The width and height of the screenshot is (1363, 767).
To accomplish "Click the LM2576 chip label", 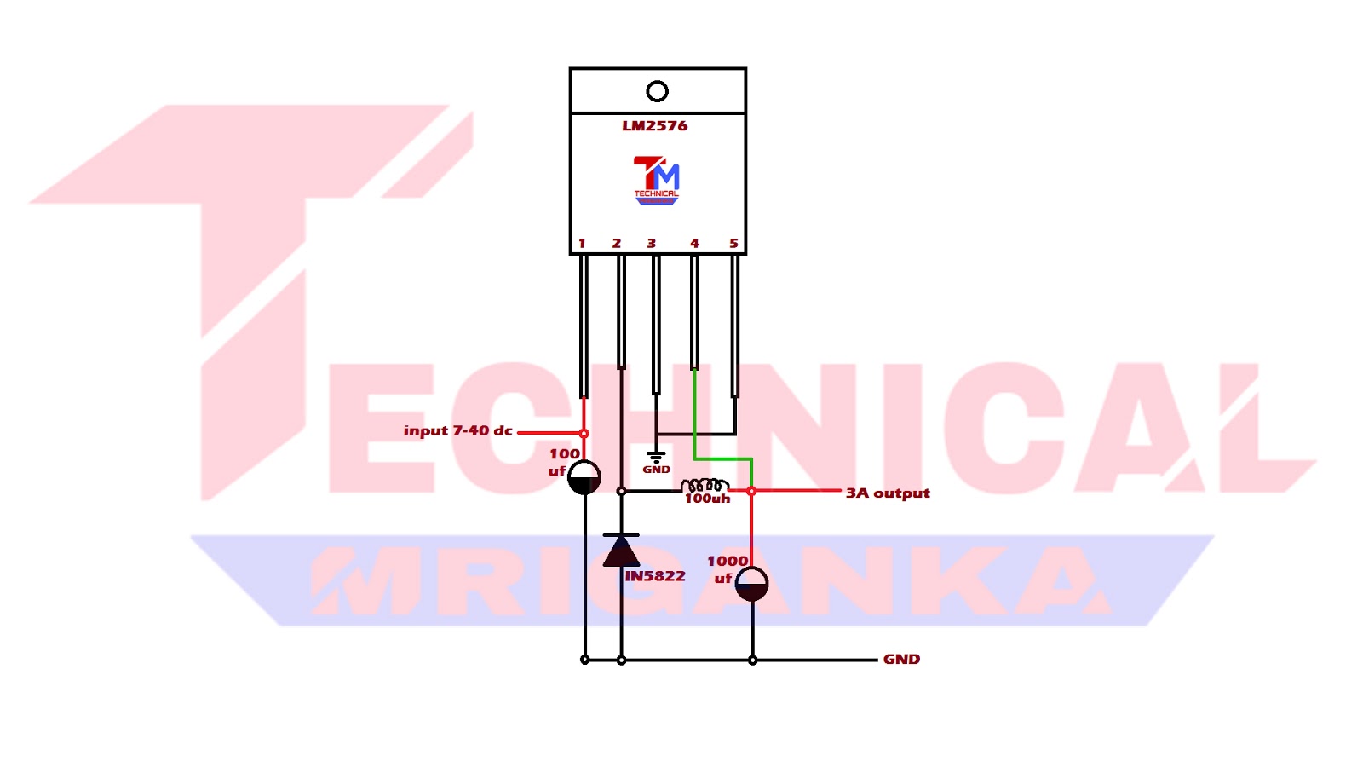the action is coord(654,126).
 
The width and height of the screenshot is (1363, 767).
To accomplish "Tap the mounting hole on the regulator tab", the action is coord(657,90).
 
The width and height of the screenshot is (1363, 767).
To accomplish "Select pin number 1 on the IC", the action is coord(582,244).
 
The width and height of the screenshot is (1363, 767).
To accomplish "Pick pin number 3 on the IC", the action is coord(652,244).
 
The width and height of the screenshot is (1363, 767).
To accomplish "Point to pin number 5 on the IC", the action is coord(733,244).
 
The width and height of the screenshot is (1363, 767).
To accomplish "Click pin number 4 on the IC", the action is coord(694,244).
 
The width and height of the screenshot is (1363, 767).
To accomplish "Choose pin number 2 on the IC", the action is coord(617,244).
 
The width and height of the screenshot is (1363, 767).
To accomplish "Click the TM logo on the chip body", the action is coord(656,180).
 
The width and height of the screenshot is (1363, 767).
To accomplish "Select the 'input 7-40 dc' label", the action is coord(457,431).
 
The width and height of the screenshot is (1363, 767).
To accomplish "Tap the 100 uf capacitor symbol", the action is coord(584,478).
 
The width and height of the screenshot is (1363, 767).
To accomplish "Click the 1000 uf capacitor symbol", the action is coord(751,584).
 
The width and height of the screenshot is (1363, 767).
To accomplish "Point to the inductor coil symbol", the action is coord(705,485).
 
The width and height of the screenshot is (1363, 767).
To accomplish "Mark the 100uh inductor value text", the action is coord(707,499).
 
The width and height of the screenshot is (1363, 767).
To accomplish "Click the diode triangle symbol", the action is coord(621,551).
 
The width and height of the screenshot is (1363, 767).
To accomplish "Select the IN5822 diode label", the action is coord(655,576).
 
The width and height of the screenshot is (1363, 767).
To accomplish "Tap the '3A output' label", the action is coord(888,493).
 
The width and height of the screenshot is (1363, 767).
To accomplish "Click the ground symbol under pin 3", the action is coord(656,458).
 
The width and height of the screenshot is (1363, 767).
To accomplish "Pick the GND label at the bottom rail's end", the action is coord(901,660).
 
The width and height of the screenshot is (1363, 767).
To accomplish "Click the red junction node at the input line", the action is coord(584,434).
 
